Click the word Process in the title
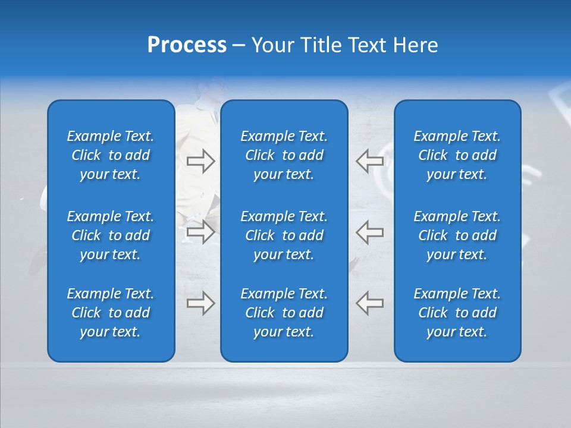[x=187, y=45]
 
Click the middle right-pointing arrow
[x=200, y=232]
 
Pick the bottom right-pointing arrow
[x=200, y=303]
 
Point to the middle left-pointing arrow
[x=369, y=232]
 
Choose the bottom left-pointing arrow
[x=369, y=303]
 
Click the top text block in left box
[x=111, y=155]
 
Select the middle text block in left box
[x=111, y=235]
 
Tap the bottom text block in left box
[x=111, y=313]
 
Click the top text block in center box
[x=284, y=155]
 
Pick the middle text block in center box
[x=284, y=235]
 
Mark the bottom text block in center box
[x=284, y=313]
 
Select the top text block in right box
[x=457, y=155]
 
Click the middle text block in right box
[x=457, y=235]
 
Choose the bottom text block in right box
[x=457, y=313]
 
